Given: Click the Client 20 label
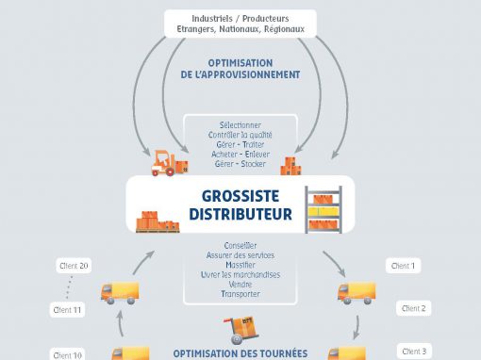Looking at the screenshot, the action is [x=74, y=266].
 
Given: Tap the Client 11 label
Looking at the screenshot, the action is [x=67, y=310].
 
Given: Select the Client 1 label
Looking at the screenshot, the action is [x=403, y=266].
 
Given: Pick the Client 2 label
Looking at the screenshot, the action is [x=413, y=308].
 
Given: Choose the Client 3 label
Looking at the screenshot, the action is [x=414, y=352].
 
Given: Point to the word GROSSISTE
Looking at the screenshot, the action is [x=240, y=196].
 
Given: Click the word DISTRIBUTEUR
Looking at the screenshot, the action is [x=240, y=214].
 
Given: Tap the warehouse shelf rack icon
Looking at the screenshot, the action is [x=323, y=209].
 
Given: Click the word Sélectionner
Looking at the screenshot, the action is [x=240, y=125].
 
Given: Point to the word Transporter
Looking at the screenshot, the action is [x=240, y=294].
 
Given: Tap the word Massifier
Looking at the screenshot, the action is [x=240, y=265].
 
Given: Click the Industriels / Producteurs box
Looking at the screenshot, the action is [x=240, y=24].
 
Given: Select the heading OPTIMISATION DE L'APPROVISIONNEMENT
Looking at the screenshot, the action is [x=240, y=69].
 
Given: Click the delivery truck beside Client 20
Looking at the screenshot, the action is [x=120, y=293].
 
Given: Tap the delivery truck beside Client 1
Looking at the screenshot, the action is [x=357, y=293].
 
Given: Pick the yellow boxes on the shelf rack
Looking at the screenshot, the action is [x=323, y=211].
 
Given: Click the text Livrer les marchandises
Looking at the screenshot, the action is [x=240, y=275].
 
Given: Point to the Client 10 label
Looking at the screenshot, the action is [x=67, y=355].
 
